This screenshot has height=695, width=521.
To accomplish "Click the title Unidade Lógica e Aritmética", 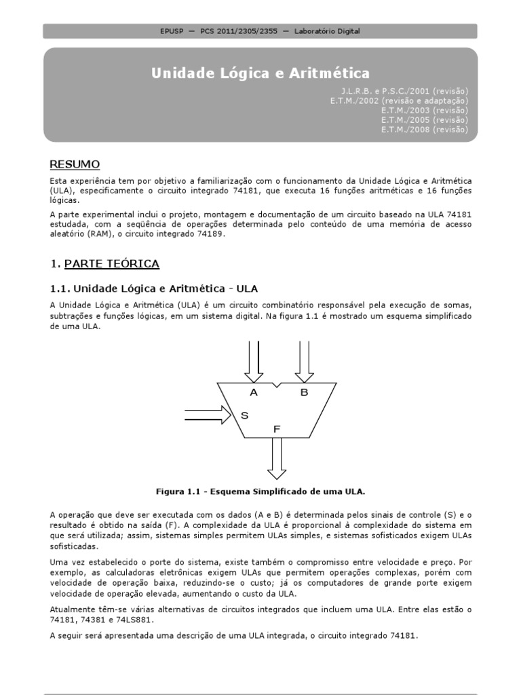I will tap(260, 73).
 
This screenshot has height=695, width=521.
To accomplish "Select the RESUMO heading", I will tap(75, 164).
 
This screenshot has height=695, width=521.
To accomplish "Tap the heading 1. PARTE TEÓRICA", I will tap(105, 263).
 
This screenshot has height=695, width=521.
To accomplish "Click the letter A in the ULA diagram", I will tap(254, 392).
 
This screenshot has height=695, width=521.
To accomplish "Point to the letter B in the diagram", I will tap(304, 392).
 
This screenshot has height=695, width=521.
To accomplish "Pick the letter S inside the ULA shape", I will tap(244, 415).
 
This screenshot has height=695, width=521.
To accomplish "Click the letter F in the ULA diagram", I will tap(276, 429).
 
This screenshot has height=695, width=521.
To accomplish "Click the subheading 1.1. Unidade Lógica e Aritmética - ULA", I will tap(155, 288).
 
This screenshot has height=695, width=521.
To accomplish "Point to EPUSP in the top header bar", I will tap(172, 31).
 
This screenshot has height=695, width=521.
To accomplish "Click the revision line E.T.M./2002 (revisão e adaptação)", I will tap(399, 100).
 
